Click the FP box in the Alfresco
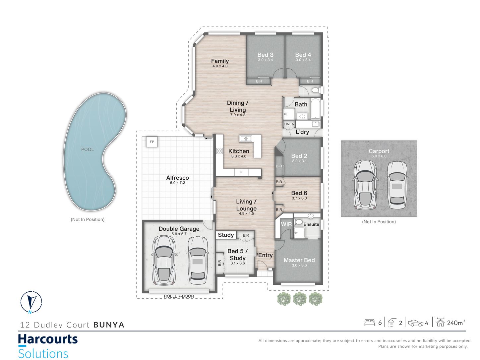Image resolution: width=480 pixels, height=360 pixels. (x=152, y=142)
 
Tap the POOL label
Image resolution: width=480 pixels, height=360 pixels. (x=88, y=150)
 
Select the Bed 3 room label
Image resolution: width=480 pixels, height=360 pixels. (x=265, y=55)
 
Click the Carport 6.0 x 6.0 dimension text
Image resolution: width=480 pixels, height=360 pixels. (x=379, y=156)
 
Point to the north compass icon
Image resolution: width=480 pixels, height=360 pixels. (x=31, y=302)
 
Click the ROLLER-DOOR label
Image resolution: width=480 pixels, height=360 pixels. (x=179, y=296)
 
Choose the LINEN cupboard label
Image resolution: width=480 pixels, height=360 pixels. (x=289, y=124)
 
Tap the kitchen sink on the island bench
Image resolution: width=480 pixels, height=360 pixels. (x=246, y=139)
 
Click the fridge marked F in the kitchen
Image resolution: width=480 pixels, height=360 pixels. (x=241, y=172)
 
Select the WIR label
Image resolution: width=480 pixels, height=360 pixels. (x=286, y=224)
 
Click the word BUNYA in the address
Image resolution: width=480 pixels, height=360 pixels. (x=109, y=325)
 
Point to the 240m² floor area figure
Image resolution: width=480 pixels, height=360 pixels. (x=456, y=323)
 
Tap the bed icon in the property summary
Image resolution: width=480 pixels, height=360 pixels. (x=369, y=323)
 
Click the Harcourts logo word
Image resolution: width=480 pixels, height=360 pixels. (x=48, y=339)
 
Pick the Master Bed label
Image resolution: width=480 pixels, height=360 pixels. (x=299, y=260)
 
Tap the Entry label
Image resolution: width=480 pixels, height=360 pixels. (x=266, y=255)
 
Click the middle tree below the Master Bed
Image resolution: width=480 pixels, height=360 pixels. (x=300, y=299)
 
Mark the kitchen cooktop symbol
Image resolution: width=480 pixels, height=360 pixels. (x=219, y=151)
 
